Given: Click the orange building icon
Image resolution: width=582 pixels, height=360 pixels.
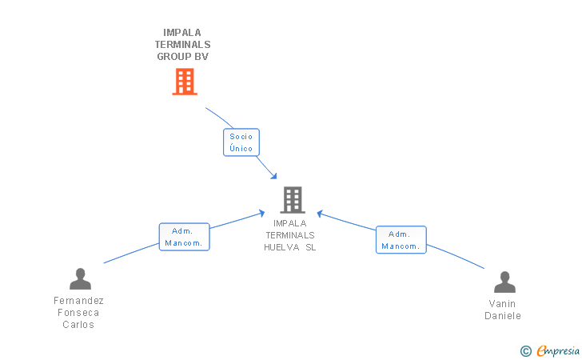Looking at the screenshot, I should [x=185, y=82].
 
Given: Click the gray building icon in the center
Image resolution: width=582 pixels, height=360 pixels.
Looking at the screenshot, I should [x=293, y=200].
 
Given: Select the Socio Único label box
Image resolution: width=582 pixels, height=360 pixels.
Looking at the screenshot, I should [x=241, y=142].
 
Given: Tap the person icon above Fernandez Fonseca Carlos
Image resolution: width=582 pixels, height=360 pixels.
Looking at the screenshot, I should [x=80, y=278].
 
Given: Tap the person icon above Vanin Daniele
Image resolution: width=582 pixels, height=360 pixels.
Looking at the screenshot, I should [x=504, y=282].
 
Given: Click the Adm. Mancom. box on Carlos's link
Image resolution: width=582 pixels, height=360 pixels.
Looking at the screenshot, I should [x=184, y=237].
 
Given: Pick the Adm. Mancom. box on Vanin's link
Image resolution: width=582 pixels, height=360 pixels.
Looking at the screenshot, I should [x=401, y=240].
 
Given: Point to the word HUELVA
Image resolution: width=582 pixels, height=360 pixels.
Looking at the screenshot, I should [x=281, y=247].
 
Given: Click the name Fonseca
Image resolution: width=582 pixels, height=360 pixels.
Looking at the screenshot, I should [x=78, y=313].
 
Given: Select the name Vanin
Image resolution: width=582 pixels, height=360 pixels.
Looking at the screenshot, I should [x=503, y=304].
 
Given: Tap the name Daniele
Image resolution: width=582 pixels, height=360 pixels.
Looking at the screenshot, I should [x=503, y=316].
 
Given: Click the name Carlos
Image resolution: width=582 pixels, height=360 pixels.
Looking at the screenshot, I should [x=78, y=325].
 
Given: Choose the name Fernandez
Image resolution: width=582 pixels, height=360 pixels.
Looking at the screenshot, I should [x=78, y=301].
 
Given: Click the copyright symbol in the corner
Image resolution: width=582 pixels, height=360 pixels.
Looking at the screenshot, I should [x=525, y=350].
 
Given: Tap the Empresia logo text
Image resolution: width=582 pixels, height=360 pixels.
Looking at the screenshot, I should [x=558, y=350].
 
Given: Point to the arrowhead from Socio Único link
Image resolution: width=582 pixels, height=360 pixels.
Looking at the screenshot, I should [x=273, y=176].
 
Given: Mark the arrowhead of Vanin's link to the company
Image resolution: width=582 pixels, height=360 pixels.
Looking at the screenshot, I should [x=320, y=214].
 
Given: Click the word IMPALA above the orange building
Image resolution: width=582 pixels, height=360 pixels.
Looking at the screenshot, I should [x=182, y=33].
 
